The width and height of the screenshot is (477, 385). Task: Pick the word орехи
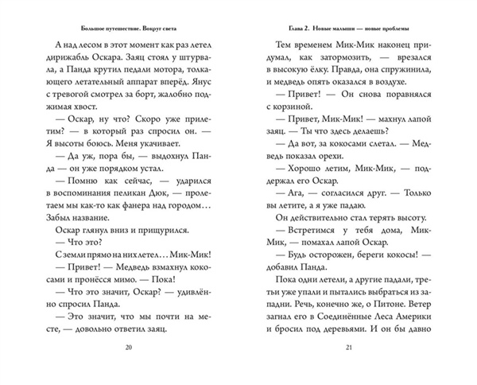click(x=328, y=169)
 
